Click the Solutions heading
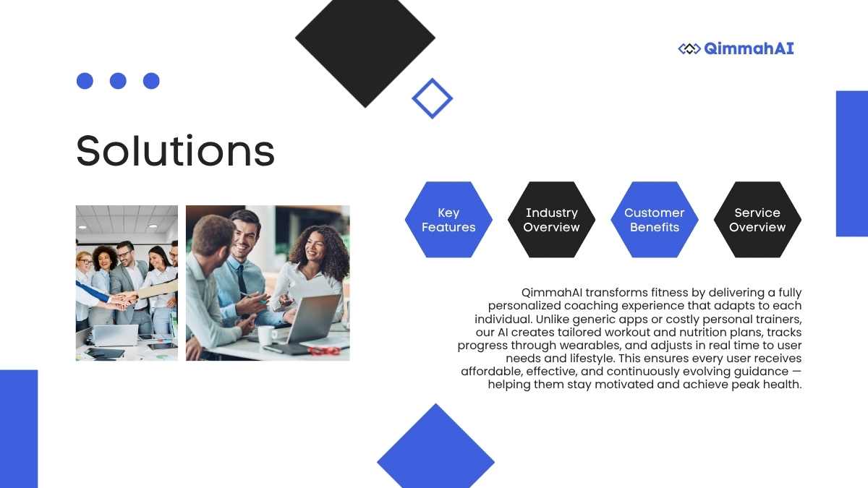point(176,150)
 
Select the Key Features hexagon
point(448,220)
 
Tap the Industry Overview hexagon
point(551,220)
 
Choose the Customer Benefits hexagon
point(655,220)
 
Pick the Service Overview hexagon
point(757,220)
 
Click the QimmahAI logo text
point(749,49)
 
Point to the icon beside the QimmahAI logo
point(689,49)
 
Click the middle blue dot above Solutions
point(118,81)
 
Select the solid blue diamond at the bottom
point(435,449)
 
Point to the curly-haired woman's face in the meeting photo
point(315,248)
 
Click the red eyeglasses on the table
point(324,351)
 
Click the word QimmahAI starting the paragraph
point(552,292)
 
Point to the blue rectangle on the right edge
point(852,163)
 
